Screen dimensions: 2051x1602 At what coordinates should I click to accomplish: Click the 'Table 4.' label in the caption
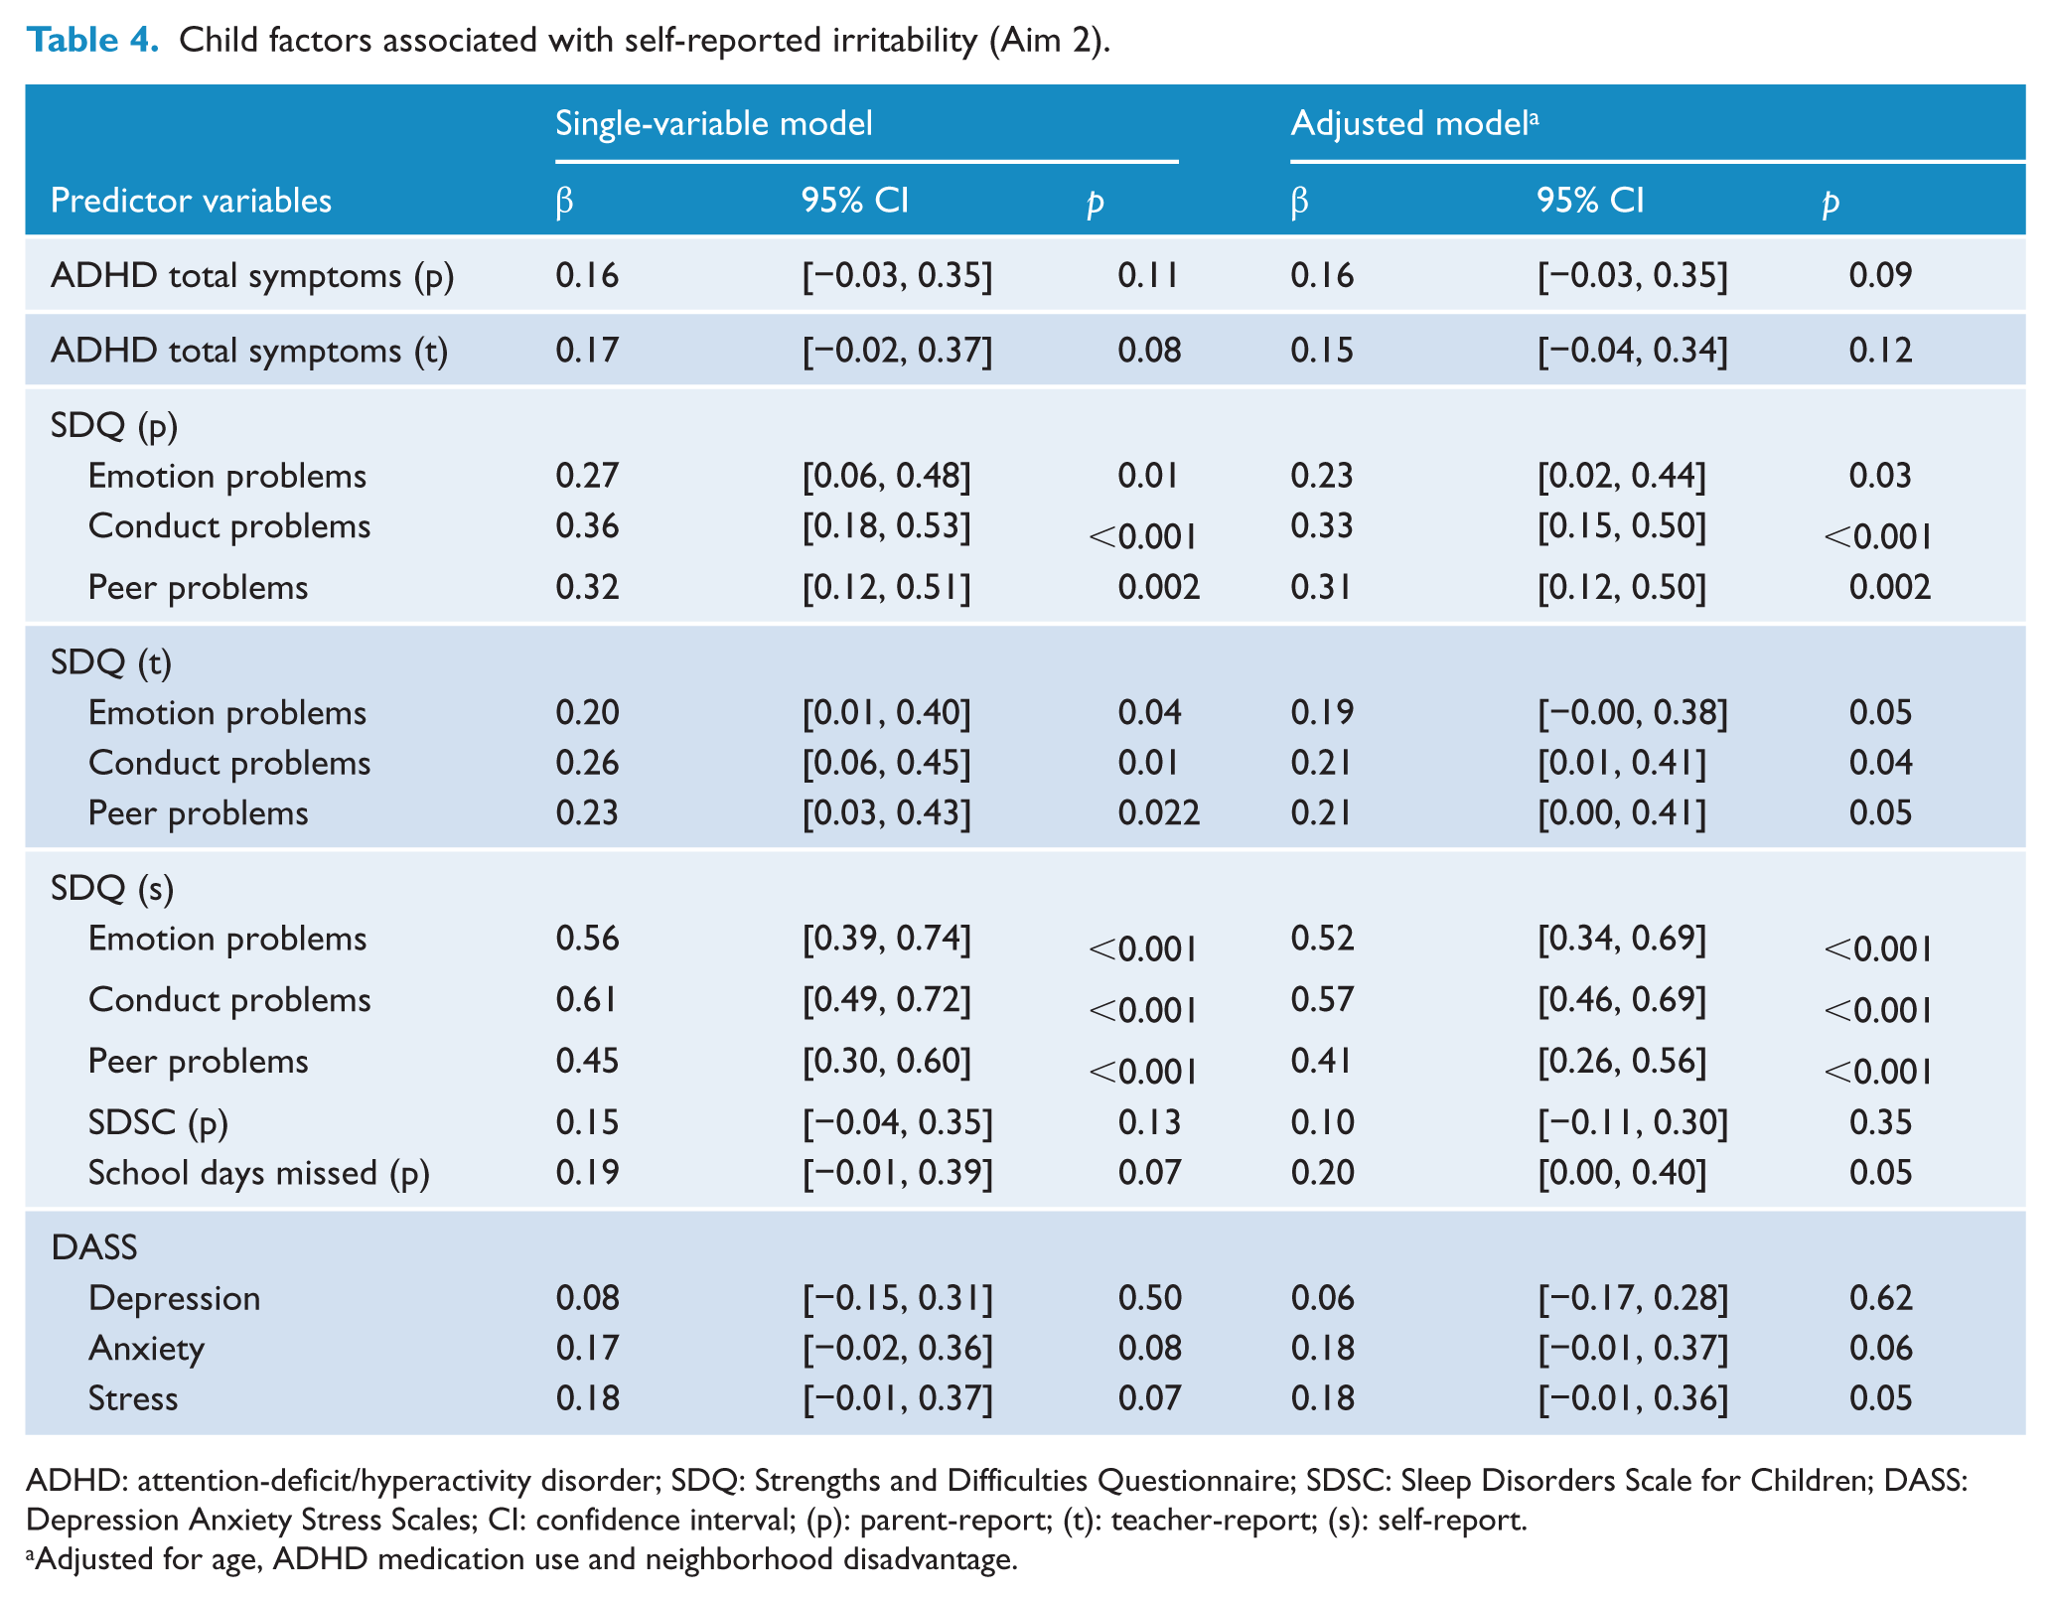[92, 40]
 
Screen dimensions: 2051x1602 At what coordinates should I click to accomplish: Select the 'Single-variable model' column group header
[713, 123]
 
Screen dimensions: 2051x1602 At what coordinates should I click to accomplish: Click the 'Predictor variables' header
[191, 201]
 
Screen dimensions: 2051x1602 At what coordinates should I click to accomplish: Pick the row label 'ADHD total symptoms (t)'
[249, 351]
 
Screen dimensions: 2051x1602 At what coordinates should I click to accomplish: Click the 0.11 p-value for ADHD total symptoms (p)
[1148, 275]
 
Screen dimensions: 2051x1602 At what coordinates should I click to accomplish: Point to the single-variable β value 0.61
[586, 999]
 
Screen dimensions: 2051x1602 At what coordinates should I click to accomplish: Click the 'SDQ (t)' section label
[111, 662]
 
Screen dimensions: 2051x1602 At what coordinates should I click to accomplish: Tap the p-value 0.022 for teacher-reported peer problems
[1159, 813]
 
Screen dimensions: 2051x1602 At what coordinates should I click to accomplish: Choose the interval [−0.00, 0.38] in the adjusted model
[1633, 713]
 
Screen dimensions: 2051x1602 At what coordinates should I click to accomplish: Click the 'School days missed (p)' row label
[258, 1173]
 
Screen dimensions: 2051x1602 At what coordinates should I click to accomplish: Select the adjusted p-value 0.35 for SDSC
[1880, 1122]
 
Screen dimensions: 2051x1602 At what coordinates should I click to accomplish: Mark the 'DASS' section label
[94, 1247]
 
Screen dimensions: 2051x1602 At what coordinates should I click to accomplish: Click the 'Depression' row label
[174, 1298]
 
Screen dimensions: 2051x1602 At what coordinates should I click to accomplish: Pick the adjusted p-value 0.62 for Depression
[1880, 1298]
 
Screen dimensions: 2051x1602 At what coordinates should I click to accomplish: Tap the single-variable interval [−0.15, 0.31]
[897, 1298]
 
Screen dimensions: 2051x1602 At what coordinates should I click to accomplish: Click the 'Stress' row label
[133, 1398]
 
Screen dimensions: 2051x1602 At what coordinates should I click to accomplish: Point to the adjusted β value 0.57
[1322, 999]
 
